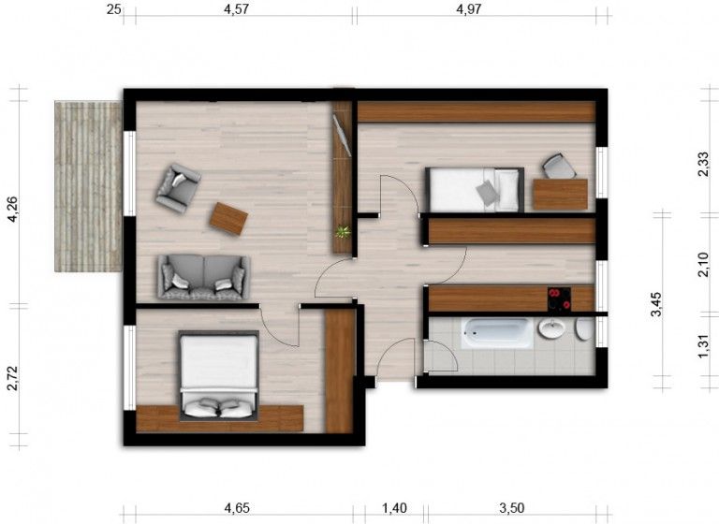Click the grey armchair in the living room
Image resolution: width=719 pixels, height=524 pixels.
(x=177, y=187)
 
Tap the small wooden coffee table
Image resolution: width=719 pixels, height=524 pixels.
(x=228, y=219)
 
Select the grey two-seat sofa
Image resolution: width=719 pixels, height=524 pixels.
(x=203, y=276)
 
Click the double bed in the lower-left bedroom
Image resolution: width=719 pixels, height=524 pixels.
(x=218, y=373)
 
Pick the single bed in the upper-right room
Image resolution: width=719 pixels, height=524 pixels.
(x=474, y=190)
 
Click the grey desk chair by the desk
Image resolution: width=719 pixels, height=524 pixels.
(x=559, y=166)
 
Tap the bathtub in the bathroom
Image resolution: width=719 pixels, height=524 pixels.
(x=496, y=332)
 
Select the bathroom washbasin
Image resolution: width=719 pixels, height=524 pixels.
(x=550, y=329)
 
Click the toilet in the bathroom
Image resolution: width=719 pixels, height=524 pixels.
(x=584, y=329)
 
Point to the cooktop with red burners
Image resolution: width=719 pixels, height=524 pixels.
(x=559, y=299)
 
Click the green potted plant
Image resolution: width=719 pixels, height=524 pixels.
(x=344, y=231)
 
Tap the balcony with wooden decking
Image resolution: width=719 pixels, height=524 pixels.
(x=88, y=186)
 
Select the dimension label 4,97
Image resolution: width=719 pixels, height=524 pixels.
(x=472, y=10)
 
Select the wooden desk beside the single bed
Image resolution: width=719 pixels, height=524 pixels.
(x=560, y=194)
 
